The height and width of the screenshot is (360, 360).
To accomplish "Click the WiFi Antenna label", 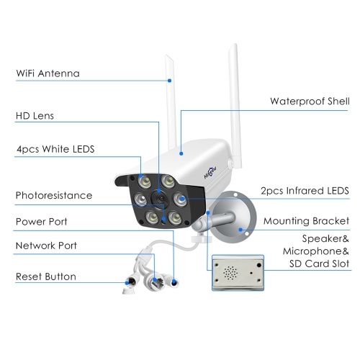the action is [x=48, y=73].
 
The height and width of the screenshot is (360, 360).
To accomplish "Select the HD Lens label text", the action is [x=35, y=116].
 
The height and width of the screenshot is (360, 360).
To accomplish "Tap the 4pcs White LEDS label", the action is [x=55, y=149].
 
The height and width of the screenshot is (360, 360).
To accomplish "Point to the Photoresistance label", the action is [x=54, y=195].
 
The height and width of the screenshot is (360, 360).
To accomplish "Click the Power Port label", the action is [x=42, y=222].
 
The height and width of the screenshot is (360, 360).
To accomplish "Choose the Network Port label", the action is [x=46, y=246].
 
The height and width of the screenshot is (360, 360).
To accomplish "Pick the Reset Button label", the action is [x=46, y=276].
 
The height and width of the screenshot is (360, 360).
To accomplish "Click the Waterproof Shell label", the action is [x=310, y=102].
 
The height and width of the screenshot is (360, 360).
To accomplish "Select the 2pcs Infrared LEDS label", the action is [x=305, y=191].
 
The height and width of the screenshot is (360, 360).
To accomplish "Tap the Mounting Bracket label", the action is [x=306, y=221].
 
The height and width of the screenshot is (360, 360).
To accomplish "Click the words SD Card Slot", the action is [x=319, y=264].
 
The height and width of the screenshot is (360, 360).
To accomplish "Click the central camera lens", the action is [x=161, y=198].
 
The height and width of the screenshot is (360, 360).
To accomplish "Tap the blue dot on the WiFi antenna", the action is [x=169, y=81].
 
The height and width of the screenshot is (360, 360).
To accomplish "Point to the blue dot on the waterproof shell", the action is [x=181, y=153].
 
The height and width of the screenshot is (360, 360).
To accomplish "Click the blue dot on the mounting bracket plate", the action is [x=240, y=230].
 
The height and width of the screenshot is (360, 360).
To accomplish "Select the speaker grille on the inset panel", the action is [x=230, y=273].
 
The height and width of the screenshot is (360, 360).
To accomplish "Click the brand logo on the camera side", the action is [x=210, y=173].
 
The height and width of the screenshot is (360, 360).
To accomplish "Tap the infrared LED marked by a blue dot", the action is [x=180, y=199].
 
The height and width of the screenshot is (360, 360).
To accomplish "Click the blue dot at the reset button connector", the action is [x=127, y=283].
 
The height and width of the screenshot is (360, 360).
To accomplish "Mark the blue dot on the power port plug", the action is [x=174, y=283].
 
